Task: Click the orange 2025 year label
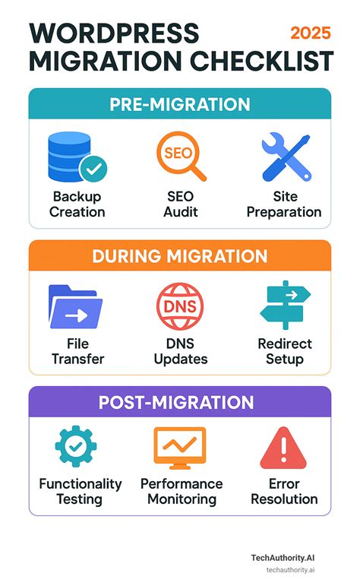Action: pyautogui.click(x=311, y=33)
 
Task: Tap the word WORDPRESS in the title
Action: pyautogui.click(x=114, y=33)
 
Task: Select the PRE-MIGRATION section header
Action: pyautogui.click(x=180, y=104)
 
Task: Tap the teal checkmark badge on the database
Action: pyautogui.click(x=93, y=169)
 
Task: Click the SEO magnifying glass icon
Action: pyautogui.click(x=181, y=157)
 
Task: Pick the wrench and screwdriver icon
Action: pyautogui.click(x=286, y=157)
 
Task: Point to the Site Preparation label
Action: pyautogui.click(x=284, y=204)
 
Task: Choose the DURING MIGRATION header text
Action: pyautogui.click(x=180, y=256)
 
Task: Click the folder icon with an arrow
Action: pyautogui.click(x=76, y=306)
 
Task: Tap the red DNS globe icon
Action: pyautogui.click(x=180, y=306)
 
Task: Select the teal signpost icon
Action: pyautogui.click(x=286, y=305)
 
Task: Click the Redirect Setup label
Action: pyautogui.click(x=285, y=351)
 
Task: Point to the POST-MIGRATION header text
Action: pyautogui.click(x=176, y=403)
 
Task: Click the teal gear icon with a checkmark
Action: pyautogui.click(x=76, y=446)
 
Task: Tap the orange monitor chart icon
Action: pyautogui.click(x=180, y=448)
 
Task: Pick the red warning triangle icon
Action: pyautogui.click(x=283, y=448)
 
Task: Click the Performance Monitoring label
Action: pyautogui.click(x=182, y=492)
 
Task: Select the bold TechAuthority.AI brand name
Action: pyautogui.click(x=283, y=558)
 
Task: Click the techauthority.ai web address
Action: pyautogui.click(x=291, y=570)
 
